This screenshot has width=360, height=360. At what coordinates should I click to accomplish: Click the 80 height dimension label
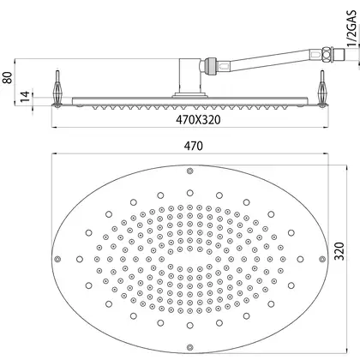(9, 78)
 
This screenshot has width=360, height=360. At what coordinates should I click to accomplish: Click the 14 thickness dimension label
(25, 97)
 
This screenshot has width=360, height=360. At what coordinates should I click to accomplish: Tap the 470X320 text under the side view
(198, 120)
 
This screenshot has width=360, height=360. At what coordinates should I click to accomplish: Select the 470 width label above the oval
(194, 146)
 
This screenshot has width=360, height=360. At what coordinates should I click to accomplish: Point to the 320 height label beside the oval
(339, 251)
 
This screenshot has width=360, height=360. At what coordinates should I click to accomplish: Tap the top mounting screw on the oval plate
(189, 171)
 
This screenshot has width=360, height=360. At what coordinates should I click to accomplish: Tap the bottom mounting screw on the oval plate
(189, 347)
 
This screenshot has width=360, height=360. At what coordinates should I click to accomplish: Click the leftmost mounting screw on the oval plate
(57, 259)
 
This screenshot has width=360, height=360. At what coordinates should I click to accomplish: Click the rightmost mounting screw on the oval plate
(322, 259)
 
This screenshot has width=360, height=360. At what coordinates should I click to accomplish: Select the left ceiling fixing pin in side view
(57, 88)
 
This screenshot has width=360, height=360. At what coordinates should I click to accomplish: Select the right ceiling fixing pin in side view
(322, 88)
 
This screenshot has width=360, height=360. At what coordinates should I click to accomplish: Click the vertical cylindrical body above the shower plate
(190, 75)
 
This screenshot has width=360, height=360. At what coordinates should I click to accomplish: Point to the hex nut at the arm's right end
(327, 54)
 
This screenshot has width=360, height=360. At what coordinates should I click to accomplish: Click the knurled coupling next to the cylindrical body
(210, 65)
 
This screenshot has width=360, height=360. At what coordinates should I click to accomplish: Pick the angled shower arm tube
(272, 61)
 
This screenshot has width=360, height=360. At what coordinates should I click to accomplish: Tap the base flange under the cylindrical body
(190, 96)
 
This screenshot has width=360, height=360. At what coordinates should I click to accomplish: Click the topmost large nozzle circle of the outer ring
(190, 193)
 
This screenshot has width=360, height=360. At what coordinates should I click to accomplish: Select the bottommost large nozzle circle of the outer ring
(190, 326)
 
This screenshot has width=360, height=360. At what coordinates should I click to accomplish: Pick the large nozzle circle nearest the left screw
(80, 259)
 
